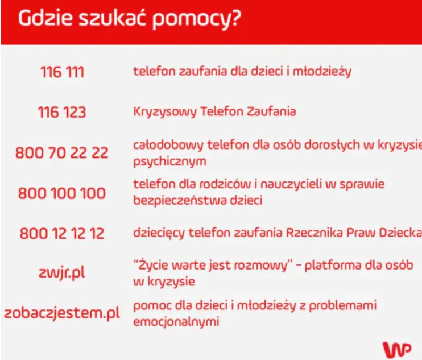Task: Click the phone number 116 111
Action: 62,72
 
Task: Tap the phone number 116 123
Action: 62,111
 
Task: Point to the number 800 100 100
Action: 62,193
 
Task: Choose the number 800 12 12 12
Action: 62,233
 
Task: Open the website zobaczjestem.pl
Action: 62,313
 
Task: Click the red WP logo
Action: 396,349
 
